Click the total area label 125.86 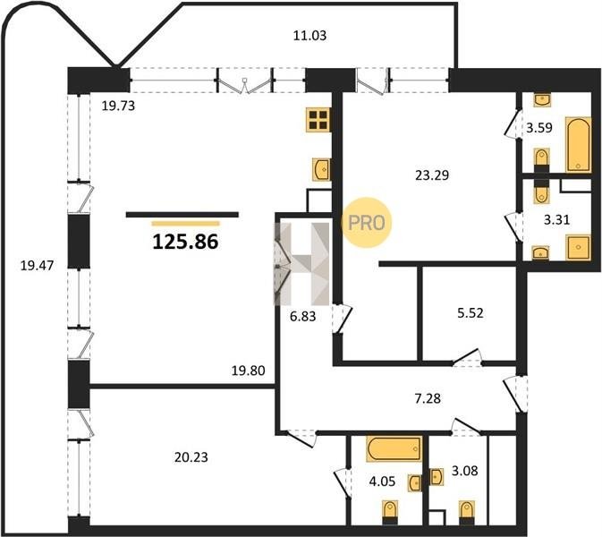click(x=185, y=242)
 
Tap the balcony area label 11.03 click(x=309, y=35)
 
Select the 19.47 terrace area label click(x=37, y=265)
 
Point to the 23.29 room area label click(x=432, y=175)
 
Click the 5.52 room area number click(x=471, y=313)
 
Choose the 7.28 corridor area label click(x=428, y=398)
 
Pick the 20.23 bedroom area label click(x=191, y=457)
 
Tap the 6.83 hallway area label click(x=303, y=316)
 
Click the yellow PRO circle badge click(x=366, y=222)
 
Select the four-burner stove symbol click(x=318, y=120)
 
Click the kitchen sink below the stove click(x=322, y=169)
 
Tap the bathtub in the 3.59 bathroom click(x=578, y=145)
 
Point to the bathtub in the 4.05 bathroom click(x=394, y=448)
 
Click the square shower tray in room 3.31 click(x=578, y=247)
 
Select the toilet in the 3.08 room click(x=466, y=513)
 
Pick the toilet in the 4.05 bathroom click(x=390, y=513)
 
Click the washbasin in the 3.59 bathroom click(x=542, y=99)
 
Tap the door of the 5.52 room click(x=466, y=357)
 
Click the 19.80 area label click(x=249, y=371)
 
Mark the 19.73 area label click(x=118, y=106)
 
